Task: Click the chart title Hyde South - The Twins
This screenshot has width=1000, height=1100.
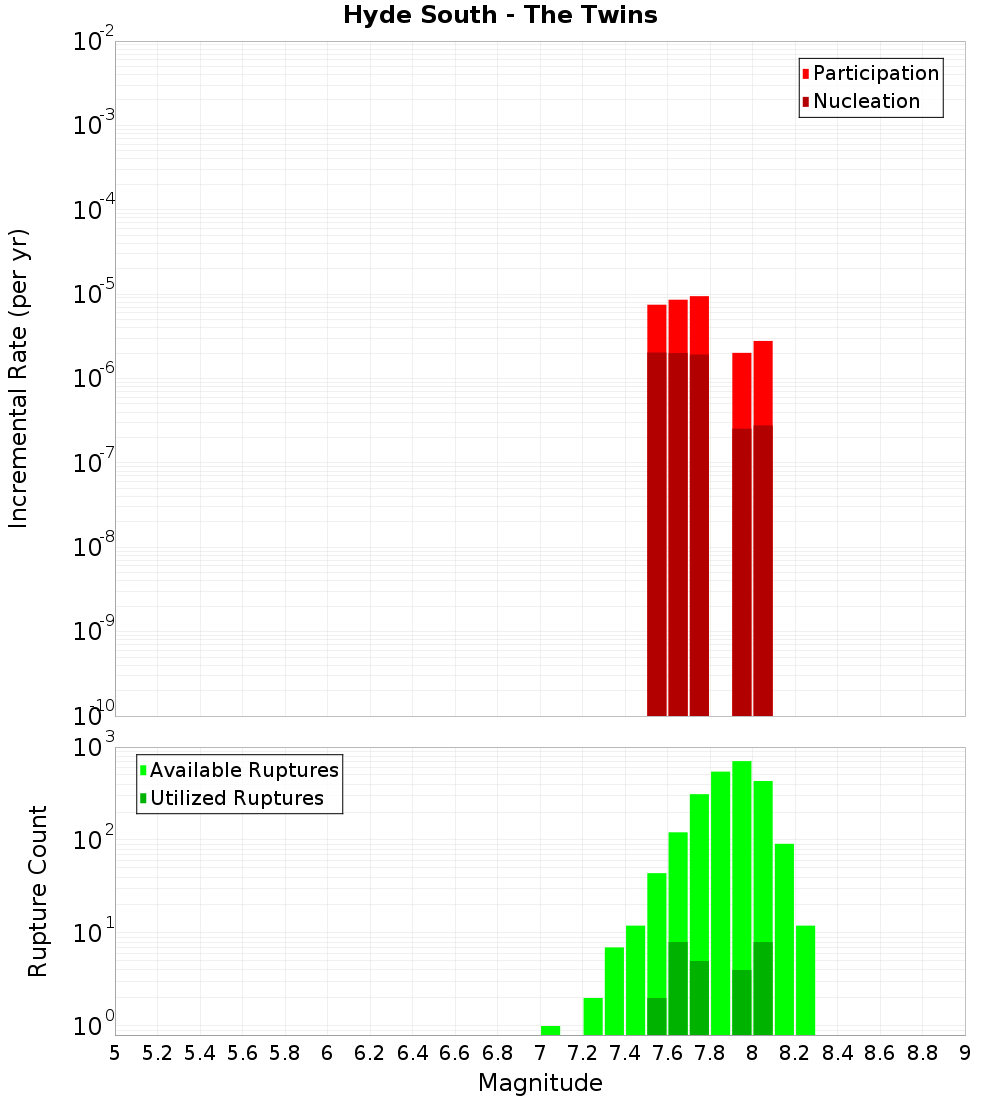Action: (500, 15)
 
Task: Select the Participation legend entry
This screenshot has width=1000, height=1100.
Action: (875, 73)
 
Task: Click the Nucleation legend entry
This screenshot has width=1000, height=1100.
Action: (865, 101)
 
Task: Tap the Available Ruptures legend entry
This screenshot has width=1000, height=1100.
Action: (243, 770)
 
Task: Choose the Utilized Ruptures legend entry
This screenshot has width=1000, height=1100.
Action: (236, 798)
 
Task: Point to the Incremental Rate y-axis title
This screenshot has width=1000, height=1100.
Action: (19, 378)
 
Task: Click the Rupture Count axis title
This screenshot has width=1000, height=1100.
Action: (38, 890)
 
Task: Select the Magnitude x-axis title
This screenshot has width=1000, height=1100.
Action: (540, 1083)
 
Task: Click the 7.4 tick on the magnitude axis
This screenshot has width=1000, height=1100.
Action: (625, 1053)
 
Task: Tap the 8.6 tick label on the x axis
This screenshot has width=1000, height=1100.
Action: (880, 1053)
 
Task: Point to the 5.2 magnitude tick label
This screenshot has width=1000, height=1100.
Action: (158, 1053)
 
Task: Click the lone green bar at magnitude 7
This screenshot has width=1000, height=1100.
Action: (550, 1030)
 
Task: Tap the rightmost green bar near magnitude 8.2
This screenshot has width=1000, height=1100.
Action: (805, 980)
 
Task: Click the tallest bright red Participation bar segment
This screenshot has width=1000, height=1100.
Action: (699, 325)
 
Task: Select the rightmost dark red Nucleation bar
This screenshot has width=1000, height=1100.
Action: (763, 570)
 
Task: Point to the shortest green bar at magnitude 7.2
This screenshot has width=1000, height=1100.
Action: (593, 1016)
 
